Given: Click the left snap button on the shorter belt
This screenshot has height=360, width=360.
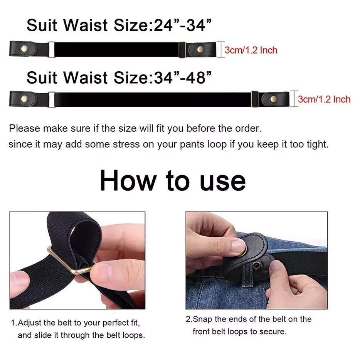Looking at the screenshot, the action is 24,49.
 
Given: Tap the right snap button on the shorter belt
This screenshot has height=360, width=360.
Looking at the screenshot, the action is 200,49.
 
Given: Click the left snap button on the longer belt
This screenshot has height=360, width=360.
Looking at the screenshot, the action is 24,99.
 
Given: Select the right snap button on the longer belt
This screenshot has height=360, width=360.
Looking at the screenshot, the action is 273,99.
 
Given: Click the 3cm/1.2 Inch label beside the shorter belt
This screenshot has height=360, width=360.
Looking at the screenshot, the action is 251,50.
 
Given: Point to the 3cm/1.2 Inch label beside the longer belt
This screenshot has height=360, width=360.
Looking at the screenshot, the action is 324,99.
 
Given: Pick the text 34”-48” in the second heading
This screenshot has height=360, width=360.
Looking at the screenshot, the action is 183,77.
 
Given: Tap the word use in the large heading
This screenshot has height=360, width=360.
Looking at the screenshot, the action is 223,183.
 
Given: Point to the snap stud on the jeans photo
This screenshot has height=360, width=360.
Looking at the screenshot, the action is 256,266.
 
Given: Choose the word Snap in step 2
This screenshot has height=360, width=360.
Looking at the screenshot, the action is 202,320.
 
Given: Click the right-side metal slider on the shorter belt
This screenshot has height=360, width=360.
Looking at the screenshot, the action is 182,50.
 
